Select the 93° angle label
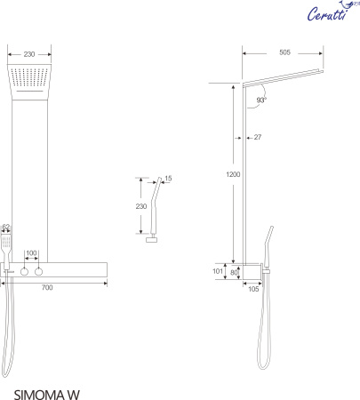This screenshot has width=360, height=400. [261, 100]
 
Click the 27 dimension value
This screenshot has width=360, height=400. [258, 136]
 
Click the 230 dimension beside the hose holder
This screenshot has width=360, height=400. [140, 206]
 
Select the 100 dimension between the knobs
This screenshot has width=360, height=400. [32, 254]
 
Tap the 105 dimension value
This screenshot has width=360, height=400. [252, 288]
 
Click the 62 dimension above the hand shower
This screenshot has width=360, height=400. [5, 228]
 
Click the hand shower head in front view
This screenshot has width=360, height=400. [6, 243]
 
